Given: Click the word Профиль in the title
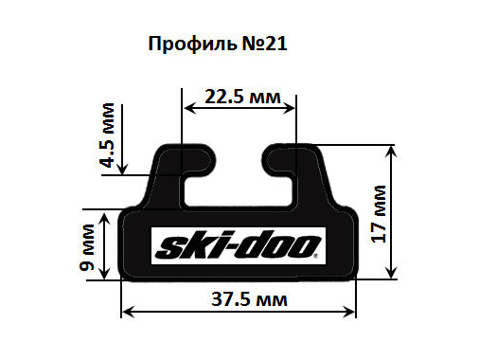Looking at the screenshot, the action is [x=192, y=45].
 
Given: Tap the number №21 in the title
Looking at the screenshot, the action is [x=264, y=44].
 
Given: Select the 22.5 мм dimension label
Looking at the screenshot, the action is [x=242, y=97].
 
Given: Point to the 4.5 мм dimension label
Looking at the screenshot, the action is [x=107, y=135].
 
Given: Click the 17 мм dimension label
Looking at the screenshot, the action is [x=378, y=214].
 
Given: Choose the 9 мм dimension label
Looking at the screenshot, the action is [x=87, y=247].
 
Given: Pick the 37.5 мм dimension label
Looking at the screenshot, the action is [x=249, y=299].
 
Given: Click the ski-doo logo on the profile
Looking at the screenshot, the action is [x=239, y=245].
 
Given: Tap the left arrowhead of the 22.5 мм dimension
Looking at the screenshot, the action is [x=189, y=108].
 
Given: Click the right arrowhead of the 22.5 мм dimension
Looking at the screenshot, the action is [x=289, y=108].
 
